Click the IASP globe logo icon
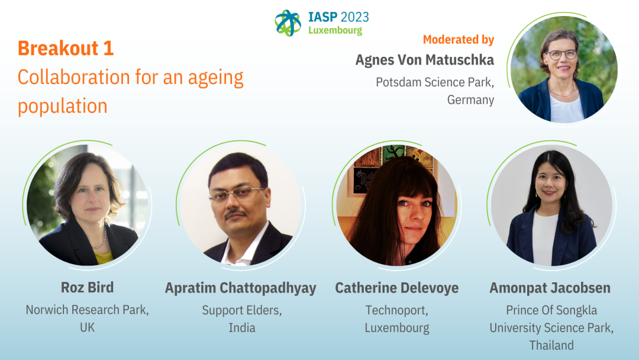click(288, 23)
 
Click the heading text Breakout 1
click(66, 48)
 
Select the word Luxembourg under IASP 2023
click(335, 31)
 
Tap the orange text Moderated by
click(459, 40)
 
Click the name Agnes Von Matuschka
click(425, 60)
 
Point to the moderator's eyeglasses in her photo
click(562, 54)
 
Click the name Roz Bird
click(87, 287)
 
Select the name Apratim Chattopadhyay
click(240, 288)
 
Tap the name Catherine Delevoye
click(396, 288)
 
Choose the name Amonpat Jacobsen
click(550, 288)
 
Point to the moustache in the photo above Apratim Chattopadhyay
click(235, 213)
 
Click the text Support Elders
click(242, 310)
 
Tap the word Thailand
click(551, 345)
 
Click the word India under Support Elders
click(242, 328)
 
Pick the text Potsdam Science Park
click(435, 82)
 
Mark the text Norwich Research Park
click(87, 310)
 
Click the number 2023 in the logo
click(354, 17)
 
